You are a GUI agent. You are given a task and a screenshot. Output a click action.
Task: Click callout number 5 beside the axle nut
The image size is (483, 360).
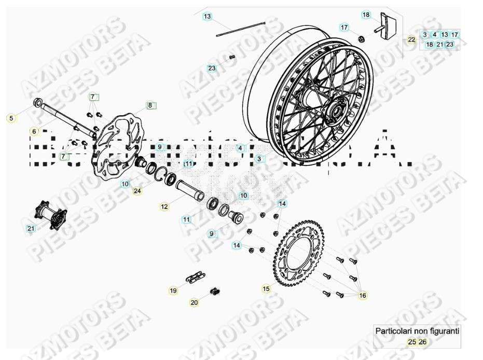(x=11, y=118)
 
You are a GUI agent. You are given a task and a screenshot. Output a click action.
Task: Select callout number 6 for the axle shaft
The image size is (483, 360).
(x=34, y=132)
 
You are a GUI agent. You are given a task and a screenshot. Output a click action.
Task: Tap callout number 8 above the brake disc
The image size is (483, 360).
(x=150, y=105)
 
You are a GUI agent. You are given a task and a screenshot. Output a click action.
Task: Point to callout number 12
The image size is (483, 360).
(x=164, y=207)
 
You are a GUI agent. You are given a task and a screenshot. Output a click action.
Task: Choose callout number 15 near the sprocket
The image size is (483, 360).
(x=266, y=288)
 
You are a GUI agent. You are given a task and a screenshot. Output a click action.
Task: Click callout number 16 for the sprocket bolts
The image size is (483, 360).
(x=363, y=296)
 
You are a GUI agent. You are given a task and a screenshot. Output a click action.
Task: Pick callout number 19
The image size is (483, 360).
(x=173, y=290)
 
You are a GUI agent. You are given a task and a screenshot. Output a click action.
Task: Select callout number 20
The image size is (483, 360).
(x=194, y=302)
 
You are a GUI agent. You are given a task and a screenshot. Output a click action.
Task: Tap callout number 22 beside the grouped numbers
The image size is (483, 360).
(x=411, y=39)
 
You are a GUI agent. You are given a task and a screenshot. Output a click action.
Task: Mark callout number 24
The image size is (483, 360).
(x=137, y=191)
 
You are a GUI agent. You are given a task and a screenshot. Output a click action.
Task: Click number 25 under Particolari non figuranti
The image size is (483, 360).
(x=411, y=342)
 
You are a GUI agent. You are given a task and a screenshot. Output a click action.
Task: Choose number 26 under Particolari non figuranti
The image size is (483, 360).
(x=423, y=342)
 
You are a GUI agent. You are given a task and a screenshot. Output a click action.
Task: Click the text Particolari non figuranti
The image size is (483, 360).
(x=417, y=330)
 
